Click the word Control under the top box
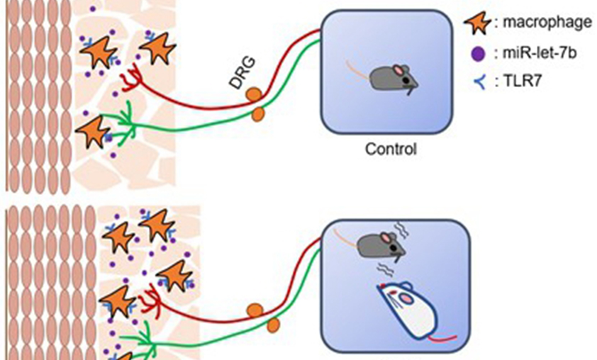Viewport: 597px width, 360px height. (391, 150)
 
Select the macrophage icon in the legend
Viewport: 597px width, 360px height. (476, 23)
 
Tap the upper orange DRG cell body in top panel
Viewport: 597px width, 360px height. (252, 94)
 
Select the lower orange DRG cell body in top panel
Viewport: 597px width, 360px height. (259, 113)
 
